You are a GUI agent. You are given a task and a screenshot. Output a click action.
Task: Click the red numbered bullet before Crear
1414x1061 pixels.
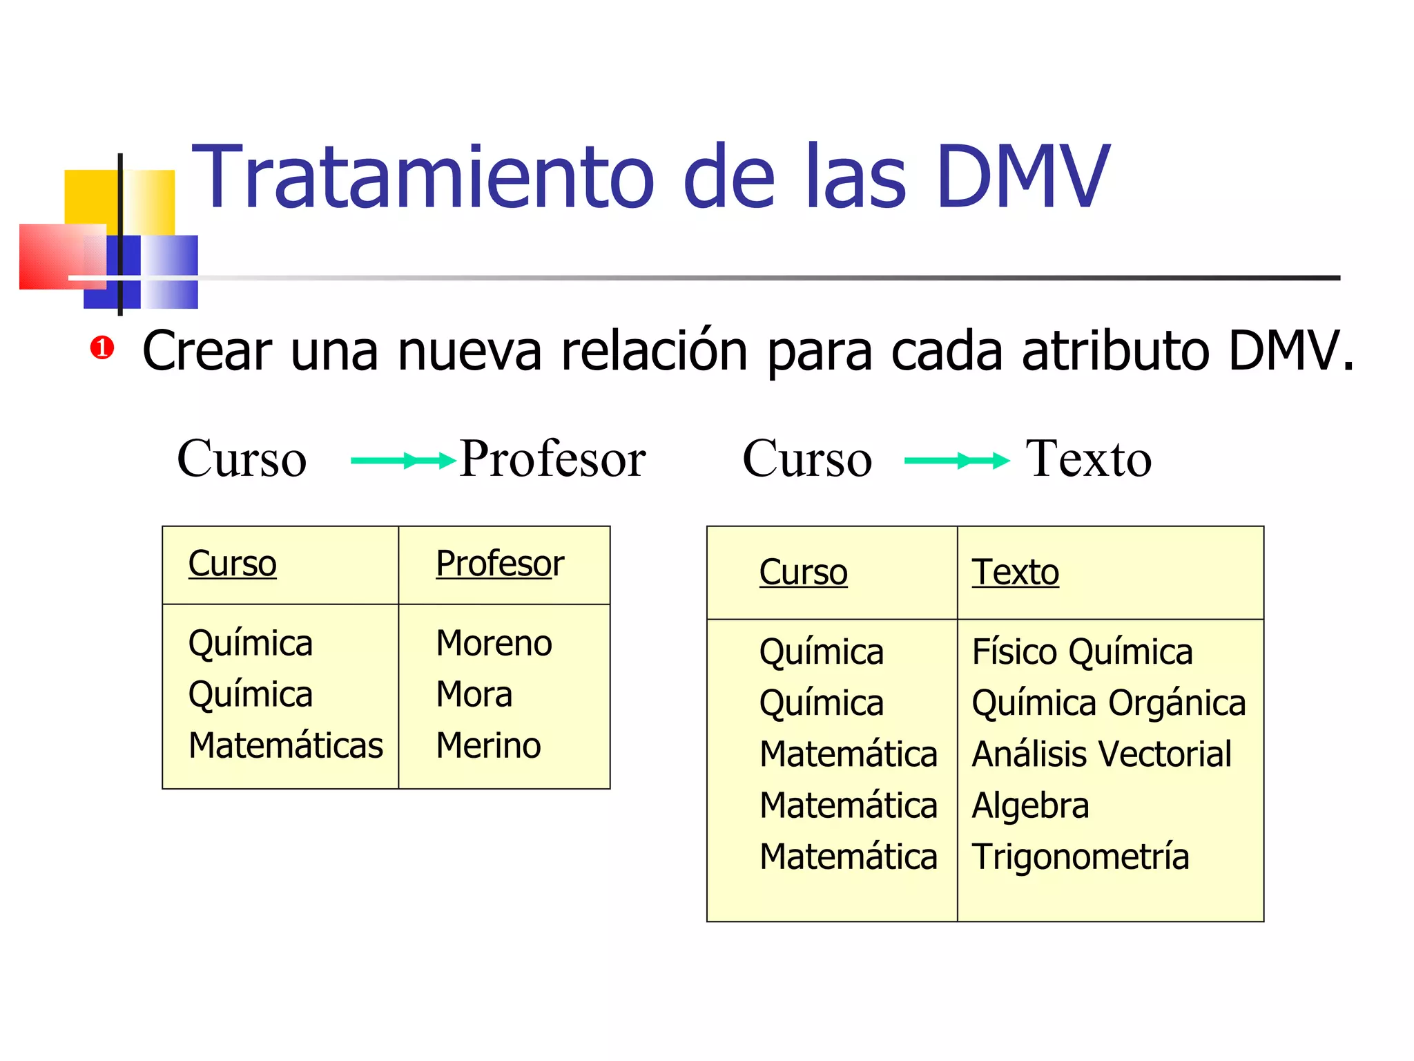click(101, 347)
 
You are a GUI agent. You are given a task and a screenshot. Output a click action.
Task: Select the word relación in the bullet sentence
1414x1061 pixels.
click(654, 351)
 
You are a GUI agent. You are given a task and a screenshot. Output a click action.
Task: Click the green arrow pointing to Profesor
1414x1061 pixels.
click(403, 460)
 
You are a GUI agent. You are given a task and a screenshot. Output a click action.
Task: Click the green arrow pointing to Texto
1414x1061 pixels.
click(957, 460)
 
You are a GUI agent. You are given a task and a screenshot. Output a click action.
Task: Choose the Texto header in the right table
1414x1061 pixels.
click(1015, 572)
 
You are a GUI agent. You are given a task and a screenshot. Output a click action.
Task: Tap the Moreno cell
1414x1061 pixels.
click(494, 643)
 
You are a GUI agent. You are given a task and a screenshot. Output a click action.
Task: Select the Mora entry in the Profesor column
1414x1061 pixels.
click(474, 694)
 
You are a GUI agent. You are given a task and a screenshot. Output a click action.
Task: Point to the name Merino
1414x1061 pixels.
click(488, 745)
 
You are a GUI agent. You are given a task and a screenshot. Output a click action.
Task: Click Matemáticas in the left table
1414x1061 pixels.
click(285, 745)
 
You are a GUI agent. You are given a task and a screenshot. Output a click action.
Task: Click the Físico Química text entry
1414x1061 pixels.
click(1082, 652)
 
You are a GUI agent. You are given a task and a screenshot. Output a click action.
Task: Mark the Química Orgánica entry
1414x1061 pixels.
click(1108, 703)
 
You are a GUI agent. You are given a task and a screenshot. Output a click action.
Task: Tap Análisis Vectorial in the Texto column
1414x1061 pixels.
click(1101, 754)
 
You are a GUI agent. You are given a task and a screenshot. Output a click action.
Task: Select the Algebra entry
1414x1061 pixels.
click(1030, 805)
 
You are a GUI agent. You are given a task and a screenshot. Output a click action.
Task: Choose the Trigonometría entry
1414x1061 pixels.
click(1081, 857)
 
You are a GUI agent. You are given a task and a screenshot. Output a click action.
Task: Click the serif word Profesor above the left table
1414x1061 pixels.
click(552, 459)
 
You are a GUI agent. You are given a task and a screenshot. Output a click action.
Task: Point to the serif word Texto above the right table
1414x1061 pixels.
click(1088, 459)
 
